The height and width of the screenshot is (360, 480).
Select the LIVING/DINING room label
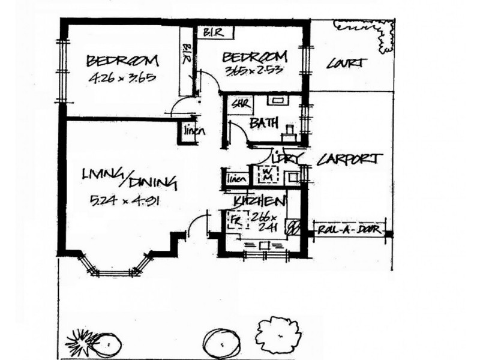pos(129,178)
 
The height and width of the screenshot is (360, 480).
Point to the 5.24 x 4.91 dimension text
pos(124,200)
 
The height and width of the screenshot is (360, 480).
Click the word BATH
pos(265,124)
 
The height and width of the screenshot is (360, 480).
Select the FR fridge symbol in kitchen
pos(236,220)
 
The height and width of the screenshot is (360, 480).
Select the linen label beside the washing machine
pos(237,178)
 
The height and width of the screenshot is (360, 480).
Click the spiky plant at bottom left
pos(82,344)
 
